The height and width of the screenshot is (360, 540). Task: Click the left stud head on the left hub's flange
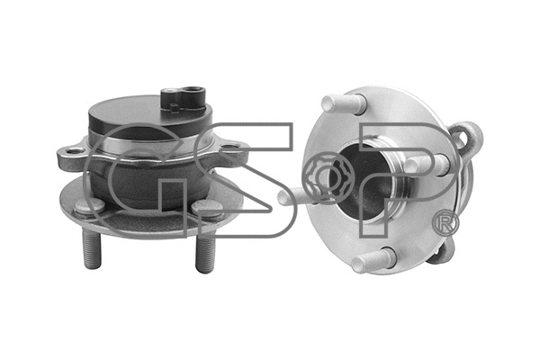[x=87, y=206]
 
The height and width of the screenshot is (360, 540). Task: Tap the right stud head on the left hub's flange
[x=208, y=207]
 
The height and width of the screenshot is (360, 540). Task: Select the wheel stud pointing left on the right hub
[x=294, y=193]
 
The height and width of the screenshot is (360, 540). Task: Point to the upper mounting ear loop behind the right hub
[x=468, y=140]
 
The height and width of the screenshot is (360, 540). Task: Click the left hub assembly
[x=148, y=171]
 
